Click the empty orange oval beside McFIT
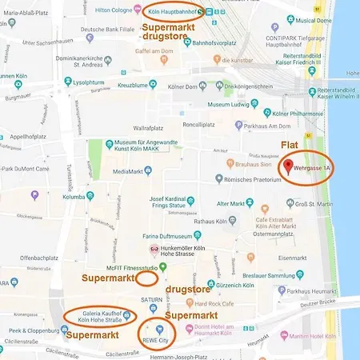coord(146,278)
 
